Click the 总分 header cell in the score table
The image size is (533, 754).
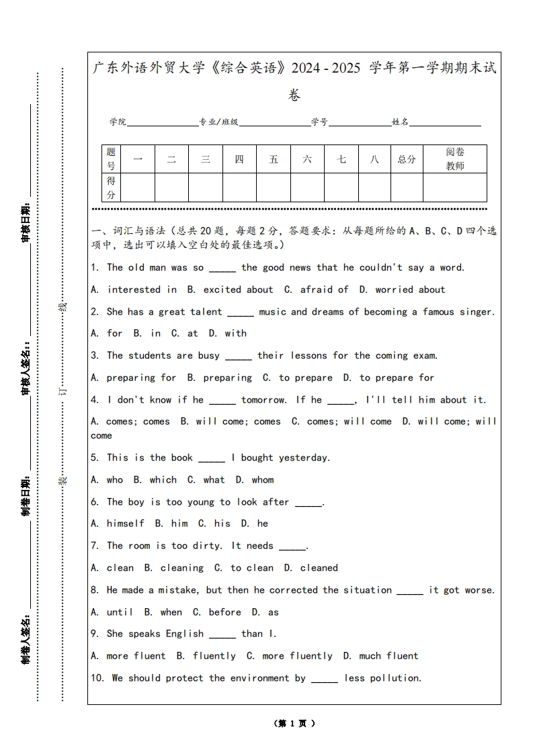407,159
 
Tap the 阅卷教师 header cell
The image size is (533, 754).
455,159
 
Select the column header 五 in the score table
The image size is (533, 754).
274,159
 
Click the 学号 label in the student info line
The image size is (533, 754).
319,122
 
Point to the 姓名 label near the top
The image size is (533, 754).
401,122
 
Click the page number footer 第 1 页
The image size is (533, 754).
294,724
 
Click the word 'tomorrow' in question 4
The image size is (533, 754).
263,400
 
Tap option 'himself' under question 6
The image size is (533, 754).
125,523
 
